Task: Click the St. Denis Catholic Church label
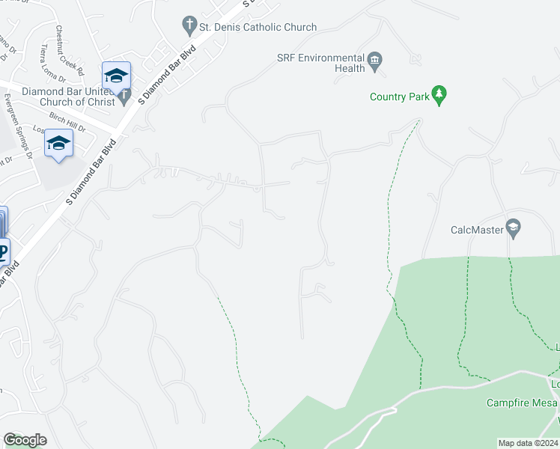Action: [258, 27]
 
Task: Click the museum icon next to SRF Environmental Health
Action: [375, 60]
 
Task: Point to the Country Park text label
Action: [400, 97]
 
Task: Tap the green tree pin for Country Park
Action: [440, 95]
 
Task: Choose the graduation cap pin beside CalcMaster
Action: [514, 227]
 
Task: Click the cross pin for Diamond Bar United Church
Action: [124, 96]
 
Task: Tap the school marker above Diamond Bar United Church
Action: [116, 76]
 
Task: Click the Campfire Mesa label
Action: [522, 403]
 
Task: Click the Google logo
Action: [25, 440]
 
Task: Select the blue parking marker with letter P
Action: [3, 251]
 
